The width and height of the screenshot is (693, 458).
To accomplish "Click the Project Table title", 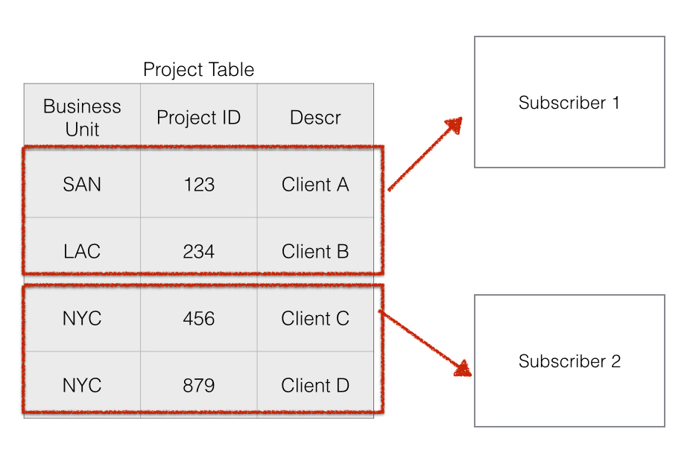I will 198,70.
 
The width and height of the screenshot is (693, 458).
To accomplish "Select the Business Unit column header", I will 82,118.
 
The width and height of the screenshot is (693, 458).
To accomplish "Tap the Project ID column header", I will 198,118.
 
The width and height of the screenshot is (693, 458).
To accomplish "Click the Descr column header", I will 315,118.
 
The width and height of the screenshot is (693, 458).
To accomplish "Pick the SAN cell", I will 82,185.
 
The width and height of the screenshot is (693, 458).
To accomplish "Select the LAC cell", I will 82,252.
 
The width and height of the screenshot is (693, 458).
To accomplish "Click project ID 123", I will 198,185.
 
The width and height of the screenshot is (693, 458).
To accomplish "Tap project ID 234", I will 198,252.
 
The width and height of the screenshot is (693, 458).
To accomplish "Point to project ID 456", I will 198,319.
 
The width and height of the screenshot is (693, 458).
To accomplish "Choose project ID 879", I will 198,386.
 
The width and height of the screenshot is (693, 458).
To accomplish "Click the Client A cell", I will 315,185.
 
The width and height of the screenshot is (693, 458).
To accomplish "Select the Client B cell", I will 315,252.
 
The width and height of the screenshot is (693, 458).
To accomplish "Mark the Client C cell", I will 315,319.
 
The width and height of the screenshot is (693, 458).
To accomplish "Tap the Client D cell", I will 315,386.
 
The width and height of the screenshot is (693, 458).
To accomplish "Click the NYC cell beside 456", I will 82,319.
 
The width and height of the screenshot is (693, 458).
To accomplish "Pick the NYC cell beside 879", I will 82,386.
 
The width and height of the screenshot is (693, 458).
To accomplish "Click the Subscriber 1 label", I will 569,103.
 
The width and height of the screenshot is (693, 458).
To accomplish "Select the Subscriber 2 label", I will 569,362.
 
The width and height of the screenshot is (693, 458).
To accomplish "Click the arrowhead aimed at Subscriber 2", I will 463,369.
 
